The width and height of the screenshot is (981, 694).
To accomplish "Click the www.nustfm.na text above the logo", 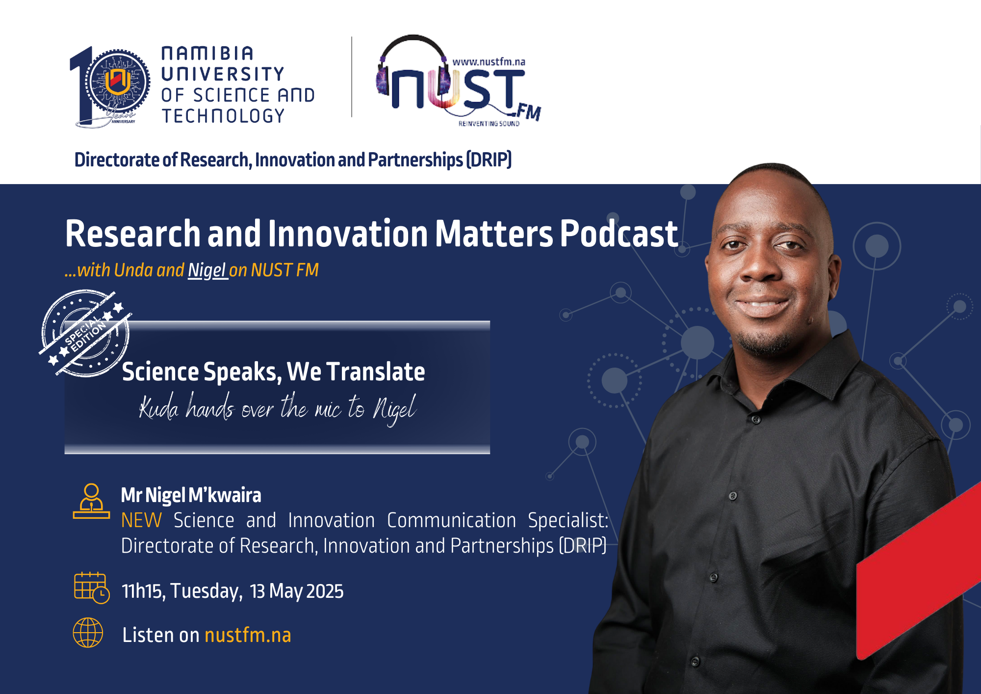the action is pyautogui.click(x=489, y=62).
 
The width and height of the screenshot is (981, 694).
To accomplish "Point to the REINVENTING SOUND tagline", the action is pyautogui.click(x=489, y=124).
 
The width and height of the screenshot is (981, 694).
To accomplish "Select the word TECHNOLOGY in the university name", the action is pyautogui.click(x=223, y=116).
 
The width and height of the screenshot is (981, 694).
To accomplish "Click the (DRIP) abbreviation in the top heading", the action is pyautogui.click(x=489, y=160).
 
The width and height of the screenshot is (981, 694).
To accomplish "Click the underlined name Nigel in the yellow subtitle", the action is pyautogui.click(x=207, y=270).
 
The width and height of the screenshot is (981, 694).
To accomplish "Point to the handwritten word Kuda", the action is pyautogui.click(x=158, y=408).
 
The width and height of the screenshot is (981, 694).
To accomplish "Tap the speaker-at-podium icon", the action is pyautogui.click(x=91, y=501).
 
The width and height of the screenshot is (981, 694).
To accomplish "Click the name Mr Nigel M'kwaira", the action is pyautogui.click(x=191, y=495).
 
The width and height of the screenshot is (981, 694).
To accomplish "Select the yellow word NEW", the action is pyautogui.click(x=141, y=520).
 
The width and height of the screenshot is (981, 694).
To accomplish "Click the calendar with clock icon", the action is pyautogui.click(x=92, y=588).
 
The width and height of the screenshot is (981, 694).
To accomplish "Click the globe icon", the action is pyautogui.click(x=88, y=633).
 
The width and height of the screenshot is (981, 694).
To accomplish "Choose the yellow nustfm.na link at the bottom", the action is pyautogui.click(x=248, y=635).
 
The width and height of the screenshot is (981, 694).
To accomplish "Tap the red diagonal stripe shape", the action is pyautogui.click(x=919, y=572).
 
